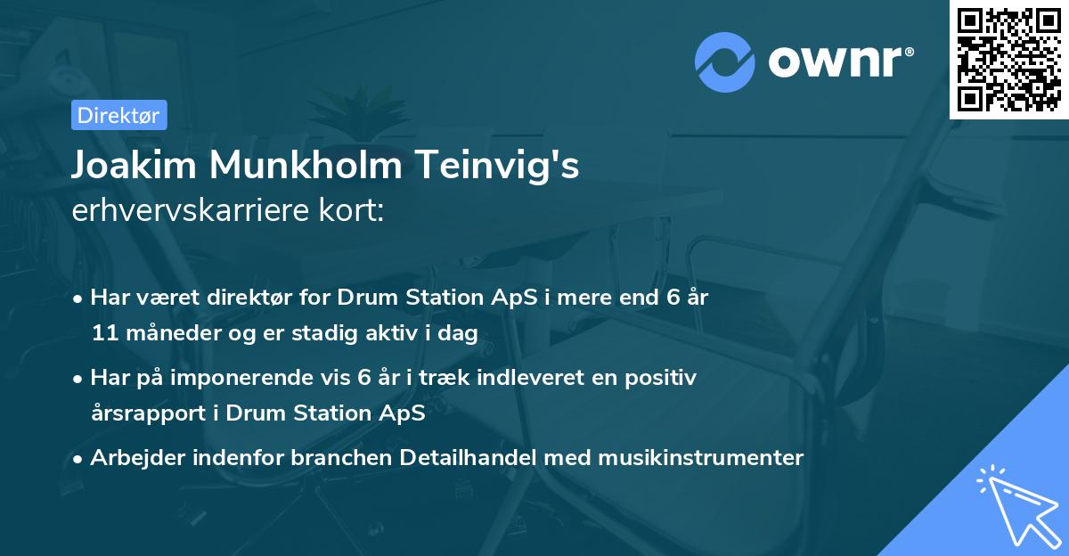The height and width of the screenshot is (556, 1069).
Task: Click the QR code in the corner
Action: click(x=1008, y=59)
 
